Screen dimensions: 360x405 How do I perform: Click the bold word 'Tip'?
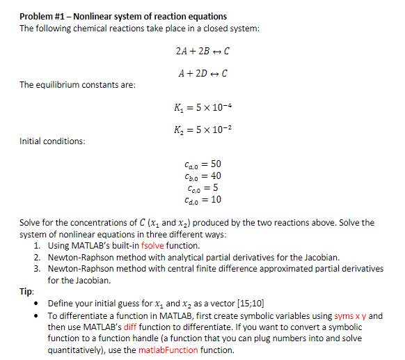tap(27, 292)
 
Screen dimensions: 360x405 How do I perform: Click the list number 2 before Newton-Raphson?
tap(36, 257)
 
